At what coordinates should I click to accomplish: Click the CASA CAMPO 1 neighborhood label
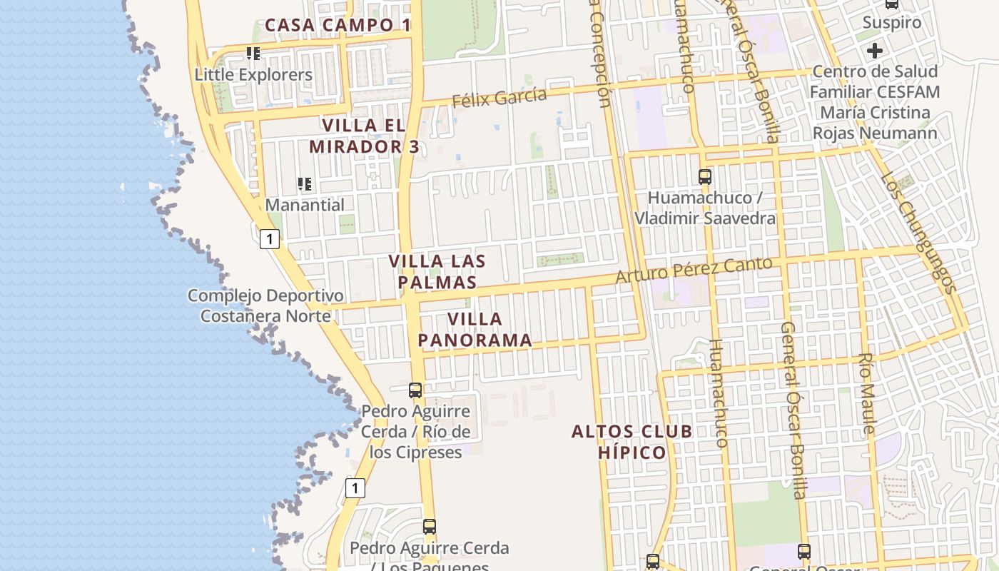tap(338, 25)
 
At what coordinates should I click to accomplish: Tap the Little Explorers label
tap(253, 74)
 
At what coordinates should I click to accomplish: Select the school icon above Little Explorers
tap(253, 54)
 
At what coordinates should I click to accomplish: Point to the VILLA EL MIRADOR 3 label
tap(364, 136)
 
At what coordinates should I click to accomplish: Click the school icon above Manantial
tap(305, 184)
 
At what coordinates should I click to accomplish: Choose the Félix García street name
tap(499, 97)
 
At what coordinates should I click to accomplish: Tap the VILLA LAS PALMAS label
tap(437, 271)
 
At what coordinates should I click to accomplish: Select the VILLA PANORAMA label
tap(475, 329)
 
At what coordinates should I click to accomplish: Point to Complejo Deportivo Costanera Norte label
tap(265, 305)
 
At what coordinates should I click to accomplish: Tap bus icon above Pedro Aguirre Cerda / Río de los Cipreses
tap(415, 390)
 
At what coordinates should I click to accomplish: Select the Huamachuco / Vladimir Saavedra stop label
tap(704, 208)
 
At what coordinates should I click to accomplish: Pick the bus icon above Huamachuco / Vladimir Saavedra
tap(705, 176)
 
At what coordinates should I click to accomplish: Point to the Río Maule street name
tap(866, 393)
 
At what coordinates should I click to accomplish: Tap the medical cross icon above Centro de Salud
tap(874, 51)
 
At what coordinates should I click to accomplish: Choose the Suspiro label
tap(892, 23)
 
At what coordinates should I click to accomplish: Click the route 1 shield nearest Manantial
tap(269, 238)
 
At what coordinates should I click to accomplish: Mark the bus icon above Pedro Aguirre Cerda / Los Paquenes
tap(429, 527)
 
